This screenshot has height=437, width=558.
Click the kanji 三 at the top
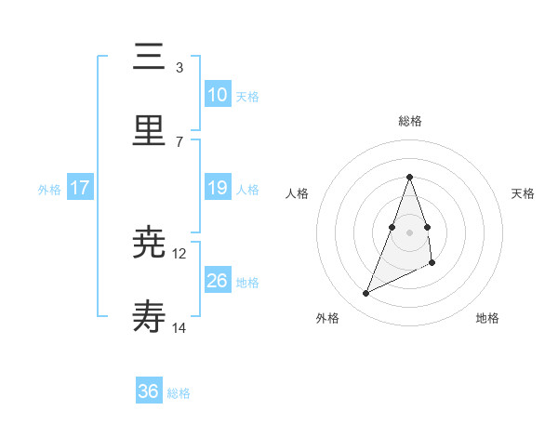149,58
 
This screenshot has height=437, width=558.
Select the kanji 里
149,131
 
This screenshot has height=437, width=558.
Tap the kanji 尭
149,244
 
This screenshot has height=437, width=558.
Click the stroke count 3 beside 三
179,68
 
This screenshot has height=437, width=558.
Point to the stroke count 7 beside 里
179,141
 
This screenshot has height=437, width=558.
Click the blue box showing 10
217,95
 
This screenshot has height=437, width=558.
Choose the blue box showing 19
217,188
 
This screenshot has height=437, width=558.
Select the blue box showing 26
217,281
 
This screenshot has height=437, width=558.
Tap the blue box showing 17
80,188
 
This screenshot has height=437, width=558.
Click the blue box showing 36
149,391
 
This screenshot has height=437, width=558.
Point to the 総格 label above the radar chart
409,121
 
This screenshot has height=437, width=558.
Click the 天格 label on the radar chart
524,193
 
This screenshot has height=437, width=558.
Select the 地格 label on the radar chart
487,319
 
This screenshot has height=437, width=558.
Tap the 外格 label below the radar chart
327,319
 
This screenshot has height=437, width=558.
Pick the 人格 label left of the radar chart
297,193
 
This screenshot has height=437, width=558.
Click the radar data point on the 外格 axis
365,294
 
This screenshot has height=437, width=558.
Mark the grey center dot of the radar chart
409,232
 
